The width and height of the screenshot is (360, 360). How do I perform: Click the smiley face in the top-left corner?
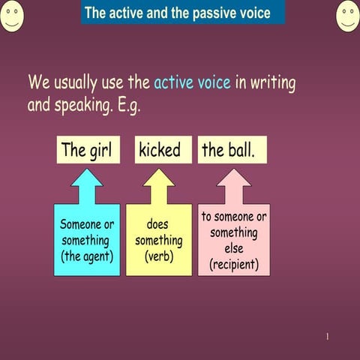pyautogui.click(x=11, y=16)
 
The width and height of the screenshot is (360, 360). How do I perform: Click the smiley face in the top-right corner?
pyautogui.click(x=348, y=16)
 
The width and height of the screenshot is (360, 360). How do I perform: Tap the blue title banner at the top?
pyautogui.click(x=183, y=13)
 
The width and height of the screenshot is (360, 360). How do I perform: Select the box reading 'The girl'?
pyautogui.click(x=86, y=150)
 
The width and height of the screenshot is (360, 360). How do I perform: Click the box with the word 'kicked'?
pyautogui.click(x=159, y=150)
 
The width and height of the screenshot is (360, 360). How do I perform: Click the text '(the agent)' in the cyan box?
pyautogui.click(x=87, y=256)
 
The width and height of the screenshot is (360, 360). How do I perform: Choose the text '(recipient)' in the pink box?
pyautogui.click(x=234, y=264)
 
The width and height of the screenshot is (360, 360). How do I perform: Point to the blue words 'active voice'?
pyautogui.click(x=192, y=82)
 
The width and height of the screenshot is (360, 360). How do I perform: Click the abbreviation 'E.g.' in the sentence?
pyautogui.click(x=124, y=105)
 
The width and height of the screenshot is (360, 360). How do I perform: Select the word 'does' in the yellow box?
pyautogui.click(x=158, y=224)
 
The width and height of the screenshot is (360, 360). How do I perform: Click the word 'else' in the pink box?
pyautogui.click(x=234, y=248)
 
